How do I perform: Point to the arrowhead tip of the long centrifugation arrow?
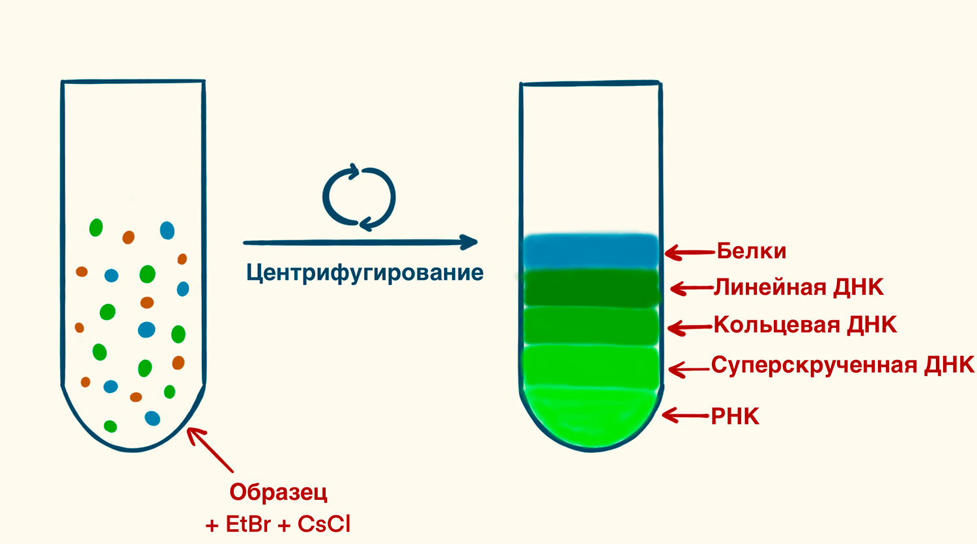[x=477, y=242]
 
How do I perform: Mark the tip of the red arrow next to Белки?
[x=665, y=252]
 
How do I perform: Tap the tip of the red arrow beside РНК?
[x=662, y=415]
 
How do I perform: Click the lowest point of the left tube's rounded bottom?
[x=133, y=451]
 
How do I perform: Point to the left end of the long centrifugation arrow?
[x=244, y=243]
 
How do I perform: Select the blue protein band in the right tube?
[x=591, y=252]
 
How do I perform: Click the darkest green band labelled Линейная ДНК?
[x=591, y=288]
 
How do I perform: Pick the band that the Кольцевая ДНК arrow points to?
[x=591, y=325]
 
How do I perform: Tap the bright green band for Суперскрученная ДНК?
[x=591, y=366]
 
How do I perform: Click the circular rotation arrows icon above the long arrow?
[x=359, y=197]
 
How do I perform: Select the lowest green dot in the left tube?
[x=110, y=426]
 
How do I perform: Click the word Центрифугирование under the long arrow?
[x=365, y=273]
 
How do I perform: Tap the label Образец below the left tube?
[x=278, y=492]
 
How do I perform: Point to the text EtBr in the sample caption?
[x=248, y=524]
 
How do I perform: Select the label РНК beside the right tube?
[x=735, y=416]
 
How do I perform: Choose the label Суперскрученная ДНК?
[x=843, y=365]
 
